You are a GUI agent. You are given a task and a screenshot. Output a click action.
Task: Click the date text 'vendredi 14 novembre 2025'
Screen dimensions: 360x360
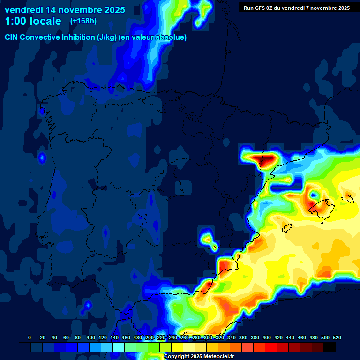pyautogui.click(x=65, y=10)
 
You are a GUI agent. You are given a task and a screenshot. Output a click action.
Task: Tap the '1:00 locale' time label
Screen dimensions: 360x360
pyautogui.click(x=33, y=21)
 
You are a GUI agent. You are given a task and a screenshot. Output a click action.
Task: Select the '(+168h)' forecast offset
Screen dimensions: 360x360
pyautogui.click(x=83, y=21)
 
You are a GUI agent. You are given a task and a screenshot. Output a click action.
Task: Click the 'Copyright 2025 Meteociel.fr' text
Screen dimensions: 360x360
pyautogui.click(x=199, y=357)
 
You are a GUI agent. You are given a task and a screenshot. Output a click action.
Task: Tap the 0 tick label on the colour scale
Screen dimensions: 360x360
pyautogui.click(x=30, y=337)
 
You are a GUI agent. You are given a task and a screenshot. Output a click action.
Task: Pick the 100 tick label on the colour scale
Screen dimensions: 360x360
pyautogui.click(x=90, y=337)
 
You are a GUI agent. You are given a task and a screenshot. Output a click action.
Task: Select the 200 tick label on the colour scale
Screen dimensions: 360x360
pyautogui.click(x=149, y=337)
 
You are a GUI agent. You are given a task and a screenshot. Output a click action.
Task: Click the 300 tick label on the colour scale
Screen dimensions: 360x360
pyautogui.click(x=208, y=337)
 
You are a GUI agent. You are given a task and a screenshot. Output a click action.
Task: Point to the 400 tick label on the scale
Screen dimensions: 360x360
pyautogui.click(x=266, y=337)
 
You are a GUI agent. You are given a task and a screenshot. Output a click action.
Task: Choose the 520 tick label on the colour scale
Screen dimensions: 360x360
pyautogui.click(x=337, y=337)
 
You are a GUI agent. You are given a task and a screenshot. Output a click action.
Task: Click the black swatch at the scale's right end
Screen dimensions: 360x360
pyautogui.click(x=330, y=347)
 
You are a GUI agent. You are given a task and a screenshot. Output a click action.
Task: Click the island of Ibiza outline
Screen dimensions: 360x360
pyautogui.click(x=287, y=228)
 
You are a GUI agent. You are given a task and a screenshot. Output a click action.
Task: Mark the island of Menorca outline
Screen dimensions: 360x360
pyautogui.click(x=347, y=199)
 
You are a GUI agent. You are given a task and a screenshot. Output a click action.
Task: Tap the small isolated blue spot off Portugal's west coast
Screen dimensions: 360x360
pyautogui.click(x=42, y=158)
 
